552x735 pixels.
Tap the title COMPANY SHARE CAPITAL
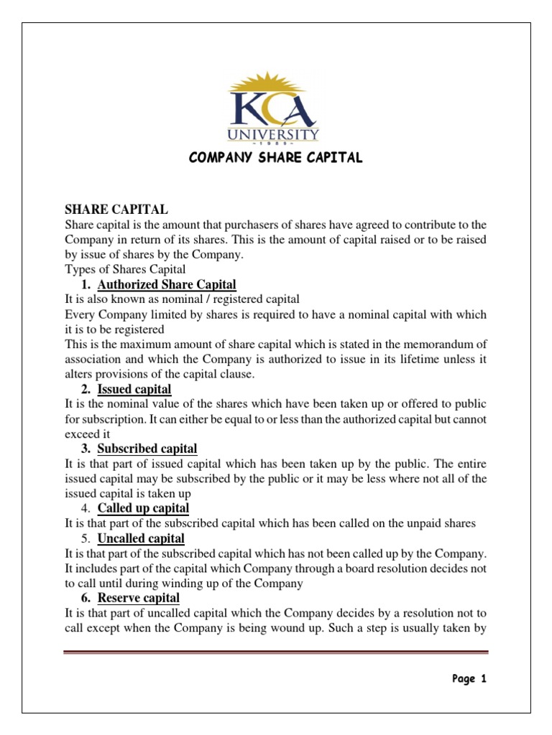pos(275,158)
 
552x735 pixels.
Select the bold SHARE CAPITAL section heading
pos(116,209)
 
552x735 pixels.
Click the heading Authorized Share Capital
pos(167,284)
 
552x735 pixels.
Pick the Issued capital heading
pos(134,389)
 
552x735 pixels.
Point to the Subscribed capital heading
pos(147,449)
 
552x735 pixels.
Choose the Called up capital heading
pos(143,508)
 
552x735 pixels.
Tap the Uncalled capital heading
pos(141,538)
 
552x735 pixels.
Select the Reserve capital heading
pos(139,598)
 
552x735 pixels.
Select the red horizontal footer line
pos(275,652)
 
